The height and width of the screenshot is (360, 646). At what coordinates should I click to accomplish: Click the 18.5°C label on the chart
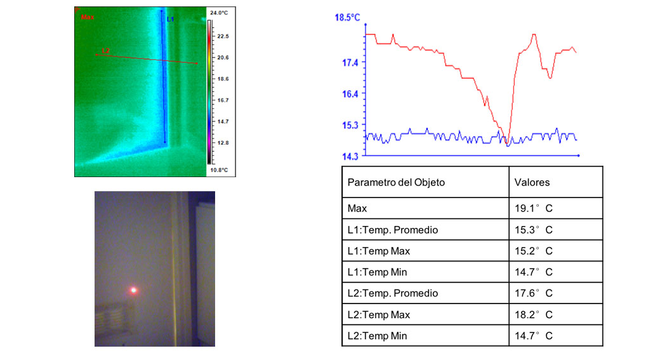(x=347, y=17)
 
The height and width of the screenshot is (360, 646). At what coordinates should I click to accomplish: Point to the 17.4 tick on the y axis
(x=351, y=62)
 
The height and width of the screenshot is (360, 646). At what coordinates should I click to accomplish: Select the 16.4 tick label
(x=351, y=93)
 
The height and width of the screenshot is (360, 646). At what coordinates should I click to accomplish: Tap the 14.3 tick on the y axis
(x=351, y=156)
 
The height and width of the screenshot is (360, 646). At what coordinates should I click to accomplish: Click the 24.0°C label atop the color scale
(x=219, y=13)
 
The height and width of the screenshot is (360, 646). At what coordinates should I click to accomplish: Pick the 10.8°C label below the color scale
(x=219, y=170)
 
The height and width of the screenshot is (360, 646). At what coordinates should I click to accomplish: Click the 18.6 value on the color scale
(x=223, y=79)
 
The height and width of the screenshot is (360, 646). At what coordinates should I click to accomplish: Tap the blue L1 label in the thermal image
(x=170, y=20)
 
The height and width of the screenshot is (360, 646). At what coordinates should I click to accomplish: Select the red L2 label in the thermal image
(x=106, y=50)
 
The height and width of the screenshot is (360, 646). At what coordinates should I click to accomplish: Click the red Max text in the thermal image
(x=87, y=18)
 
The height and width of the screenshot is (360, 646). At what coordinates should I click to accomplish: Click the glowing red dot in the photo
(x=133, y=290)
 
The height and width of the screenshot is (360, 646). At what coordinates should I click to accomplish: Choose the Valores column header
(x=532, y=182)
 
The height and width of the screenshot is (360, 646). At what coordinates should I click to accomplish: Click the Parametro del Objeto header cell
(x=396, y=182)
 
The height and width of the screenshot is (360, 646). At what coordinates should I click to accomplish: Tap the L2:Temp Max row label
(x=379, y=315)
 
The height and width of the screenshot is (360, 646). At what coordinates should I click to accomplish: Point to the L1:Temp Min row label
(x=378, y=272)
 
